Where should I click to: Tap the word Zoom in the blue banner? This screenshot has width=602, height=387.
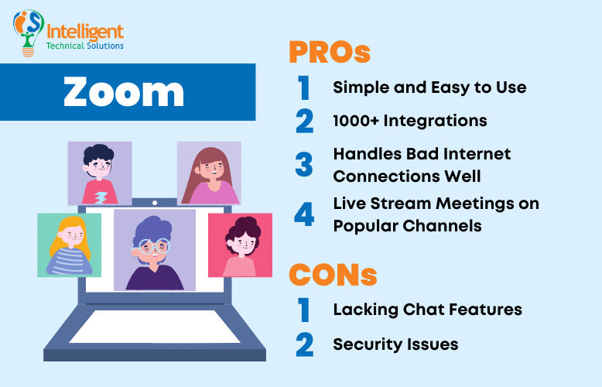coord(124,92)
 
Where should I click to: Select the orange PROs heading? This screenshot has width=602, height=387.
coord(329,53)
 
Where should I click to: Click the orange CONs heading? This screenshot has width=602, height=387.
coord(333,274)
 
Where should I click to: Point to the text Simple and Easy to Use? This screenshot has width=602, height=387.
coord(429,87)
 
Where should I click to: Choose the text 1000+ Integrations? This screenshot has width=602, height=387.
coord(409,121)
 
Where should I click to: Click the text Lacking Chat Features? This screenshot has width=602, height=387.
coord(427,310)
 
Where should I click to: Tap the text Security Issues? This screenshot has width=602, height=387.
coord(395,344)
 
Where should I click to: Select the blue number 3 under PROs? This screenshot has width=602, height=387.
coord(304,164)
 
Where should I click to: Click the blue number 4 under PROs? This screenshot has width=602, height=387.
coord(304,214)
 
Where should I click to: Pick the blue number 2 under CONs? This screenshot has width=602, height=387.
coord(304,344)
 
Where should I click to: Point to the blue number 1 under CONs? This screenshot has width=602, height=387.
coord(304,310)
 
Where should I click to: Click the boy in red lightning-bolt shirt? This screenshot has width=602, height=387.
coord(99,173)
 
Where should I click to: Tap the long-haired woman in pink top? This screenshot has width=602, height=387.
coord(209,173)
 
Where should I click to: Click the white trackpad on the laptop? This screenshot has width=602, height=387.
coord(155,325)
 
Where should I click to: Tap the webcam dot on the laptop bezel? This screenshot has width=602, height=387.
coord(155,203)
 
